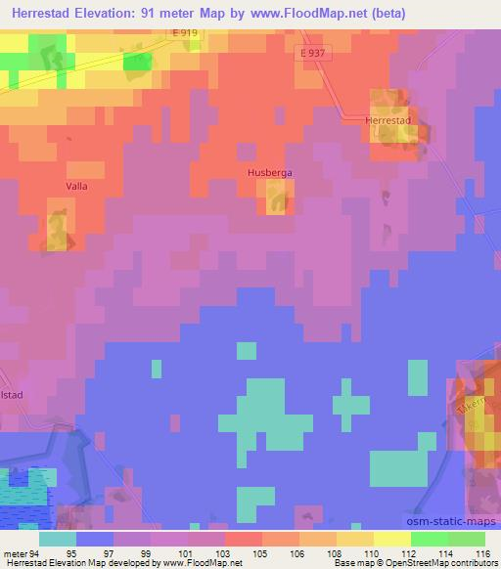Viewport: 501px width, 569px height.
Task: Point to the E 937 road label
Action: (311, 53)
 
